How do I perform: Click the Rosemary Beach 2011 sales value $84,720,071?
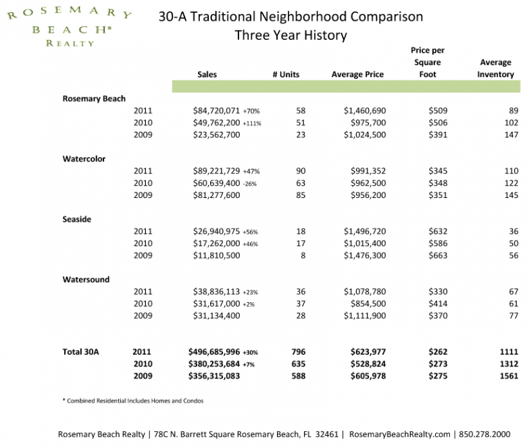[x=216, y=111]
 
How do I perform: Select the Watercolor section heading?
[x=84, y=159]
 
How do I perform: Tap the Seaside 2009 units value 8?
[x=303, y=255]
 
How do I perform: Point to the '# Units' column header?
[x=286, y=74]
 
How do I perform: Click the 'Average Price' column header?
[x=357, y=74]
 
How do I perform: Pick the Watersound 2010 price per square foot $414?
[x=438, y=304]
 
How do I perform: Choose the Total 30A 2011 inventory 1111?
[x=509, y=352]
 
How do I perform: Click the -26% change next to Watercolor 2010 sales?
[x=250, y=184]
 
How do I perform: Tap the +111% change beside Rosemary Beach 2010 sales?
[x=252, y=124]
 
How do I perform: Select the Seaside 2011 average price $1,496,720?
[x=365, y=232]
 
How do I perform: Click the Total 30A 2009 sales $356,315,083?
[x=214, y=376]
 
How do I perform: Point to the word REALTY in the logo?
[x=70, y=43]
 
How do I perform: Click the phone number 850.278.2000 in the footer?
[x=484, y=434]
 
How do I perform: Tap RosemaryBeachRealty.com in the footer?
[x=399, y=434]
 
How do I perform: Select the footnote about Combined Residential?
[x=132, y=401]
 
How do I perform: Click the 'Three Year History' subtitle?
[x=291, y=35]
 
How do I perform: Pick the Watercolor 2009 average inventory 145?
[x=511, y=195]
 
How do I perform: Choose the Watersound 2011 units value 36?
[x=301, y=292]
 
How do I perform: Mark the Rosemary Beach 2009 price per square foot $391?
[x=438, y=135]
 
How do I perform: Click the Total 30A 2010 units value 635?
[x=299, y=364]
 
